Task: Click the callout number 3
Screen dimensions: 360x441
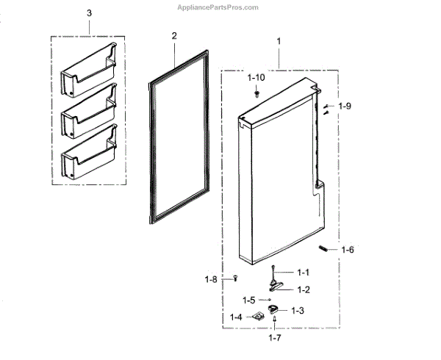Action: tap(90, 14)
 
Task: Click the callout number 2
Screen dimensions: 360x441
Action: tap(174, 36)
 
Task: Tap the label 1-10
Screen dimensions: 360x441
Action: tap(257, 77)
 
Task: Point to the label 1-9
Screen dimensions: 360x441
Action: tap(344, 106)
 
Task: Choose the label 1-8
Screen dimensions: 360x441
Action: tap(212, 278)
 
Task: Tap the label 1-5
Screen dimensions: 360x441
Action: tap(249, 300)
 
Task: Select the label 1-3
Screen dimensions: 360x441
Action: tap(297, 311)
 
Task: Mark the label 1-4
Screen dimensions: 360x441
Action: tap(236, 317)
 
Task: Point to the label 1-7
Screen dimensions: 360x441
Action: tap(274, 338)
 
